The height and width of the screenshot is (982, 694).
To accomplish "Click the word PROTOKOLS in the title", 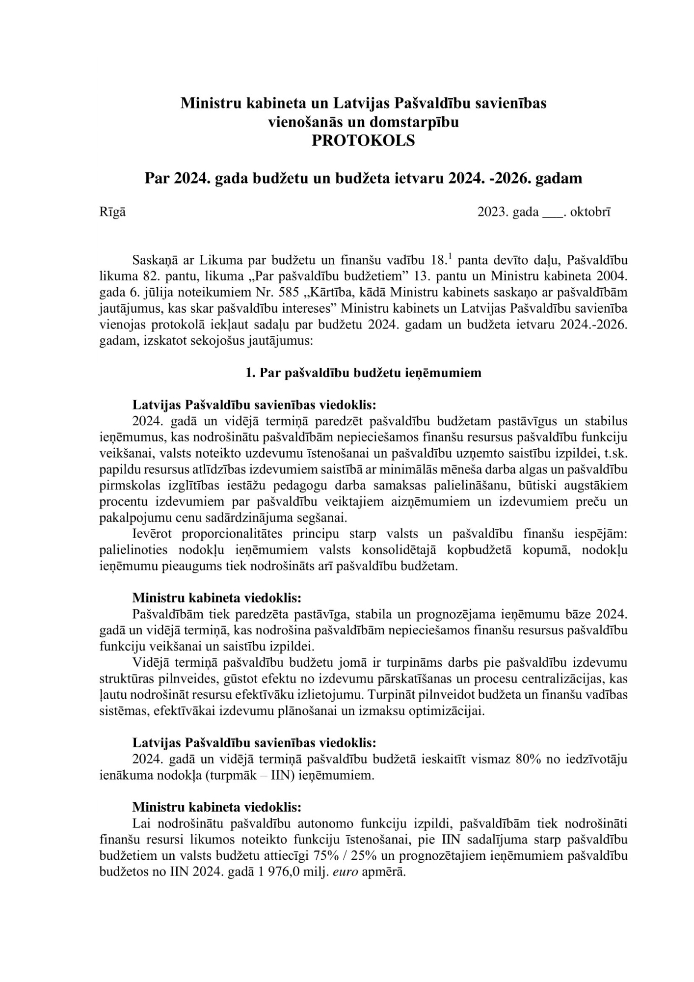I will tap(363, 141).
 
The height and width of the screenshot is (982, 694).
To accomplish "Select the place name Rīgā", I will tap(112, 213).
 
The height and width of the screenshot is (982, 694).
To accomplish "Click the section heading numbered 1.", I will tap(363, 373).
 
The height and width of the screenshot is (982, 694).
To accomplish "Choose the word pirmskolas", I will tap(127, 486).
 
